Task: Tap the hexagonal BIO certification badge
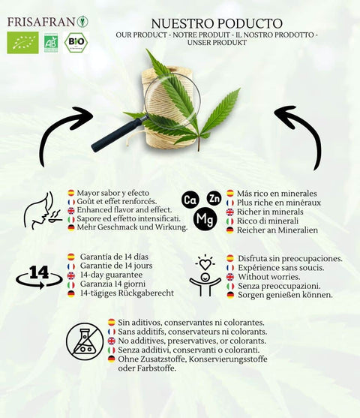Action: coord(76,42)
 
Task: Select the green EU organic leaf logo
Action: coord(22,42)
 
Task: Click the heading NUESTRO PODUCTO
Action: coord(217,23)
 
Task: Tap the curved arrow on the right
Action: coord(299,134)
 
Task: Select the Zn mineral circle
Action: coord(214,197)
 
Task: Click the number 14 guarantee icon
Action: coord(39,275)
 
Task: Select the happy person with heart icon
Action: coord(205,275)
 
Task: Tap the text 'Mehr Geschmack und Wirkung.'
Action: coord(132,227)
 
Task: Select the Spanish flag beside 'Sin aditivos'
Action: coord(111,322)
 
